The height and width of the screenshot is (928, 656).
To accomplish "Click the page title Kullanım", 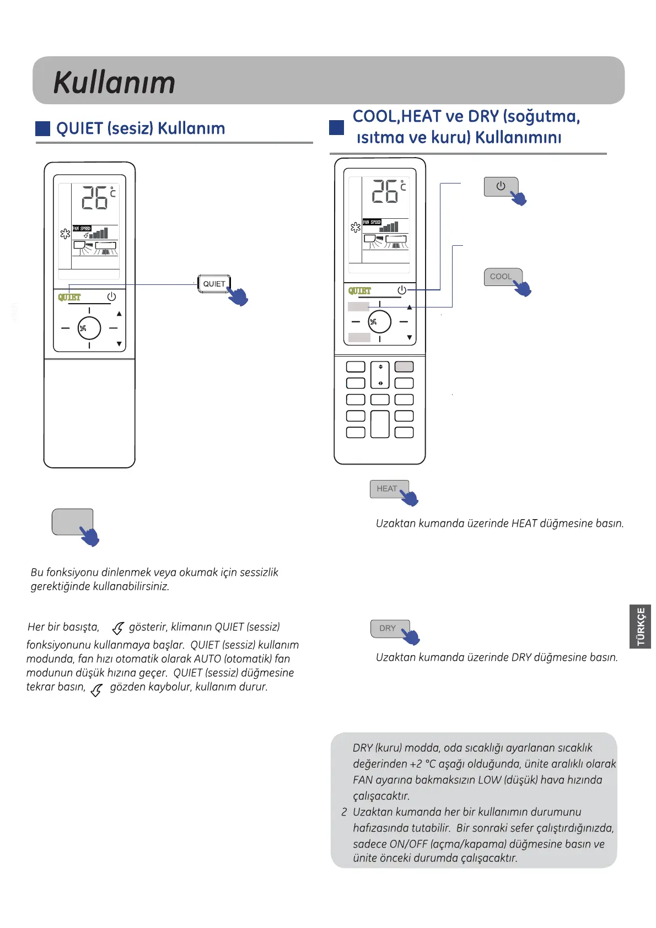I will click(114, 83).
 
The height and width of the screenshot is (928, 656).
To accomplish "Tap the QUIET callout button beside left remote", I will click(214, 284).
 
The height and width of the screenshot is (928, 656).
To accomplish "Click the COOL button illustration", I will click(501, 277).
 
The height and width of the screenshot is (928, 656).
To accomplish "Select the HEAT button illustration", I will click(387, 489).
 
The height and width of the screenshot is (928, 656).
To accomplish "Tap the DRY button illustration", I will click(388, 628).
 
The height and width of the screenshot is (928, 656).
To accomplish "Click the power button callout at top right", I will click(501, 186).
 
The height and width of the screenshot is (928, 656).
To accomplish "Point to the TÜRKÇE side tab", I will click(641, 626).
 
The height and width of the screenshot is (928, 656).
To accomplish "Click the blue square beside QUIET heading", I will click(42, 128).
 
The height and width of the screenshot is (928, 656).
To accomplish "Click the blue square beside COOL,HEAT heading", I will click(336, 128).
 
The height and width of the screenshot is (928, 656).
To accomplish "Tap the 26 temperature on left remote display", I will click(94, 198).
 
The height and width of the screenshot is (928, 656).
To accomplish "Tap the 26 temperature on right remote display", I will click(385, 191).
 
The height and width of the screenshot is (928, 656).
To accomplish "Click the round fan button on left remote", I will click(89, 328).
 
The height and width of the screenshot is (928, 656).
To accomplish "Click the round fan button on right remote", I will click(379, 322).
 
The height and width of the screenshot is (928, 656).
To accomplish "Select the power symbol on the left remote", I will click(111, 296).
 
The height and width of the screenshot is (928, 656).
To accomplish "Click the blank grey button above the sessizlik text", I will click(72, 522).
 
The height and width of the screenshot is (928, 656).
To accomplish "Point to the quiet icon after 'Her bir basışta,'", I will click(117, 628).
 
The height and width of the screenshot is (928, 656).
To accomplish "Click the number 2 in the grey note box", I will click(344, 812).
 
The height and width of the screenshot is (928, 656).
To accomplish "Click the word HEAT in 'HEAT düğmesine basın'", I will click(524, 524).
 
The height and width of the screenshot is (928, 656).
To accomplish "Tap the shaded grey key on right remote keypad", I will click(404, 366).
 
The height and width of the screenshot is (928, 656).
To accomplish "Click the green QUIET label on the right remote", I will click(359, 290).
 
